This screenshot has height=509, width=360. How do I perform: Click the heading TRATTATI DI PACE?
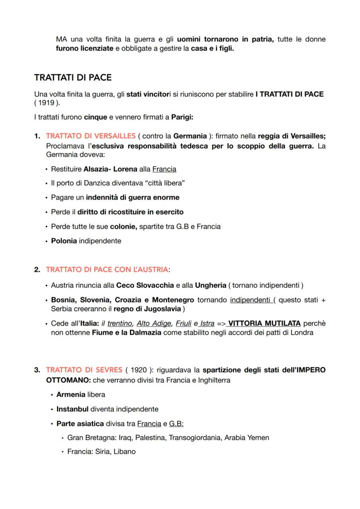point(73,78)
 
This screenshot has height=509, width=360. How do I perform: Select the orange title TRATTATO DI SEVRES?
point(84,370)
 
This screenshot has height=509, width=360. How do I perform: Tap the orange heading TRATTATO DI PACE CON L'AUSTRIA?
point(107,269)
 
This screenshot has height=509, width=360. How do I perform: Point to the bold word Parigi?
point(183,117)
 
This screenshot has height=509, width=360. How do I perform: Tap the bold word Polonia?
point(63,240)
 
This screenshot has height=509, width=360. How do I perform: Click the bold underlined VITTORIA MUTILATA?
point(264,323)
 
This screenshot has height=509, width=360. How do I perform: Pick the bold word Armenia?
point(70,395)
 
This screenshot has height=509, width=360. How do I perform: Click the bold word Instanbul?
point(73,409)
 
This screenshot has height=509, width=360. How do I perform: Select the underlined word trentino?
point(120,323)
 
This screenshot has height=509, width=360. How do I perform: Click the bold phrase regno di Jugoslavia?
point(148,309)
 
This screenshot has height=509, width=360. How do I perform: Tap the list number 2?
point(37,269)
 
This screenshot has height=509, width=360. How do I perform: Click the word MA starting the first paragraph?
point(61,40)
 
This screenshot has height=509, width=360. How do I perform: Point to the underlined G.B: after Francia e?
point(176,423)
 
